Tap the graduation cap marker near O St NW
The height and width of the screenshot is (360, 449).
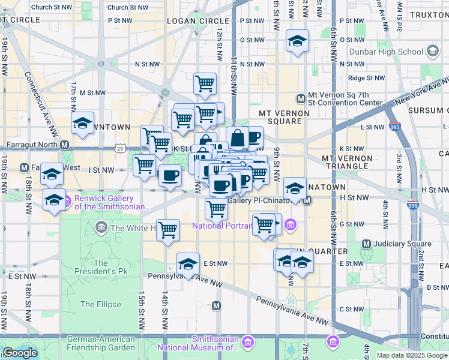(297, 41)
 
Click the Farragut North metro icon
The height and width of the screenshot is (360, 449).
(64, 145)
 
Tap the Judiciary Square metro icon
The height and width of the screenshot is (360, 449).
(367, 244)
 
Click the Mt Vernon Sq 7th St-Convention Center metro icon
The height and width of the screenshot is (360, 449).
(301, 99)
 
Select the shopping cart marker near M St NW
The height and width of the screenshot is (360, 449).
(205, 84)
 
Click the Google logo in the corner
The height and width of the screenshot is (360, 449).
(20, 353)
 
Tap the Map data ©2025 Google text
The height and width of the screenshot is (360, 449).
(411, 355)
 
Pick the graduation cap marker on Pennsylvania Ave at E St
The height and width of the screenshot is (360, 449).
(188, 263)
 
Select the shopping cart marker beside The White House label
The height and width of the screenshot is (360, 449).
(168, 229)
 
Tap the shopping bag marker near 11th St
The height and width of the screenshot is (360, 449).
(238, 138)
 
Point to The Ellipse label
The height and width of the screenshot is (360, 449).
(100, 304)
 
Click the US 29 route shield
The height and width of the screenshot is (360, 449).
(121, 148)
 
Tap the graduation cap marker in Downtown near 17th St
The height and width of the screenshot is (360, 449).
(82, 124)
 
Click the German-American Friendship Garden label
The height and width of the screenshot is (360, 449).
(101, 343)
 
